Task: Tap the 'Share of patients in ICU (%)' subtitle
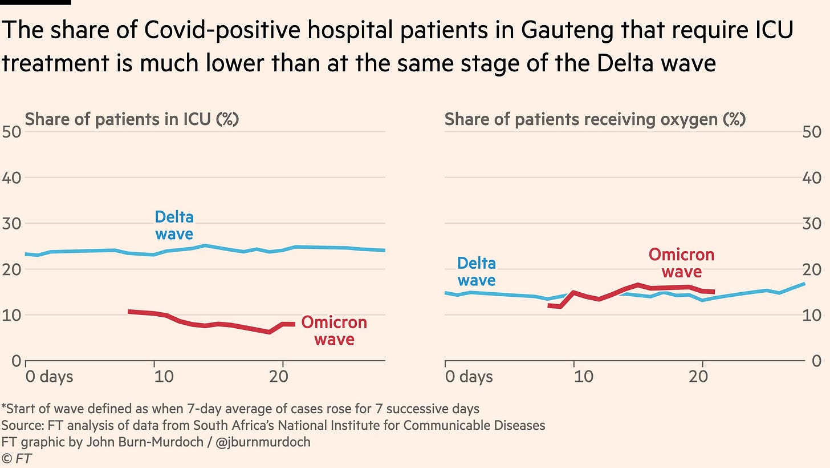[x=132, y=120]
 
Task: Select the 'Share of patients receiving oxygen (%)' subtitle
[x=595, y=120]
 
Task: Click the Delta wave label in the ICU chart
[x=174, y=225]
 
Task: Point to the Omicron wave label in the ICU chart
[x=334, y=331]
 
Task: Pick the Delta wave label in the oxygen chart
[x=477, y=272]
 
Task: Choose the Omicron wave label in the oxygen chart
[x=682, y=263]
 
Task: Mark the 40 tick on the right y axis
[x=816, y=178]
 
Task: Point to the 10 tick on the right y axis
[x=816, y=315]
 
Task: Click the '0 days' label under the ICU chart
[x=49, y=377]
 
